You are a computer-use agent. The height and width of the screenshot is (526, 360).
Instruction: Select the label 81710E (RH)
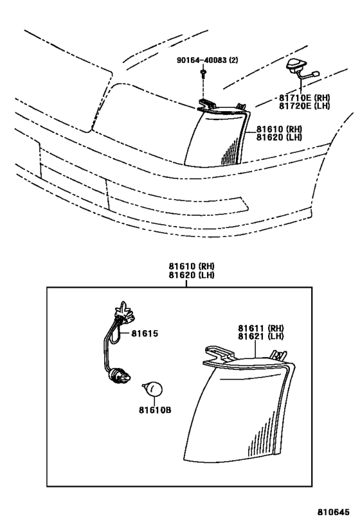[304, 98]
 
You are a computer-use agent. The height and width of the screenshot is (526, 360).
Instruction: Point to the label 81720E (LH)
[304, 106]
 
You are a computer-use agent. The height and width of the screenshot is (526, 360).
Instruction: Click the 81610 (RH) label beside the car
[280, 129]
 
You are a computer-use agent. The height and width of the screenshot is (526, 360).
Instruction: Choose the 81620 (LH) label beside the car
[280, 137]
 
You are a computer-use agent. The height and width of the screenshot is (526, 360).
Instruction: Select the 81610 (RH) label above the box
[192, 267]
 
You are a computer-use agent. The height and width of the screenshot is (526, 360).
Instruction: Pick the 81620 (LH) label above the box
[192, 275]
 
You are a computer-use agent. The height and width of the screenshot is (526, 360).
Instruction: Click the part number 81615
[145, 334]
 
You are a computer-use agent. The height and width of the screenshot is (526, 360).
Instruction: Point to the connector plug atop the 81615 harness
[123, 313]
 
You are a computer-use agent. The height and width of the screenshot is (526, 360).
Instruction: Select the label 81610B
[155, 410]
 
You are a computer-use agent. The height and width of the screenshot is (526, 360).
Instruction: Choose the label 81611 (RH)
[261, 328]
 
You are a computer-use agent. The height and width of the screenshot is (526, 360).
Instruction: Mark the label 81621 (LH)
[261, 336]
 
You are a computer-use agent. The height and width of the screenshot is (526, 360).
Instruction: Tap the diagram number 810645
[334, 512]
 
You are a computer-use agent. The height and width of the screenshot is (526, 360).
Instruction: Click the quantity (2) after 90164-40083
[233, 60]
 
